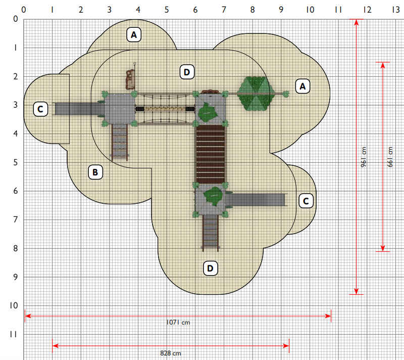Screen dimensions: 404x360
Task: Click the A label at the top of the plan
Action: tap(134, 34)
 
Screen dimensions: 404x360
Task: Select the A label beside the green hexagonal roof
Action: tap(302, 86)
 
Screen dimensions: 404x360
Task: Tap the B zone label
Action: tap(95, 172)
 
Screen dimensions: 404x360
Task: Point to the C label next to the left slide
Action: tap(40, 109)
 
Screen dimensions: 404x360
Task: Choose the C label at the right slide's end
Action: tap(306, 201)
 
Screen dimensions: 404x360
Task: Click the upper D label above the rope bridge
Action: tap(187, 72)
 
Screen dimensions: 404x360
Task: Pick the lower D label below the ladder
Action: tap(211, 268)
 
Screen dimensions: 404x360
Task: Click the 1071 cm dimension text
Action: tap(178, 323)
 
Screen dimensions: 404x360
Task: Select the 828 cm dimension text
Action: tap(171, 353)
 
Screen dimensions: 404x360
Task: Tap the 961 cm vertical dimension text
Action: tap(363, 157)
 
